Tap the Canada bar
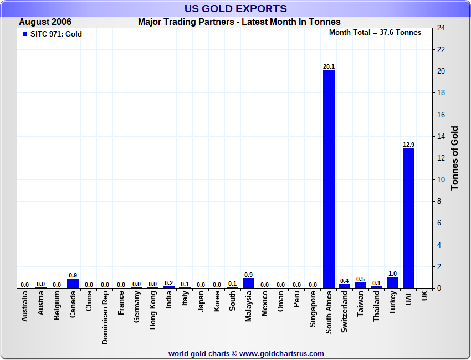[x=73, y=283]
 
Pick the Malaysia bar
[x=249, y=283]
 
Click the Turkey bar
[x=392, y=282]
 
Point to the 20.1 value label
[x=329, y=66]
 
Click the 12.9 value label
[x=408, y=145]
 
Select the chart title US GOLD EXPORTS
[x=235, y=8]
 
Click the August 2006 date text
[x=45, y=22]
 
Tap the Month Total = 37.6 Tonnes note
[x=375, y=33]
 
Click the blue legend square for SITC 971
[x=25, y=34]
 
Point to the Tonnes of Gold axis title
[x=455, y=158]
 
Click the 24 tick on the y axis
[x=441, y=28]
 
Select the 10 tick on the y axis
[x=441, y=180]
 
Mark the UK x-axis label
[x=424, y=296]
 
